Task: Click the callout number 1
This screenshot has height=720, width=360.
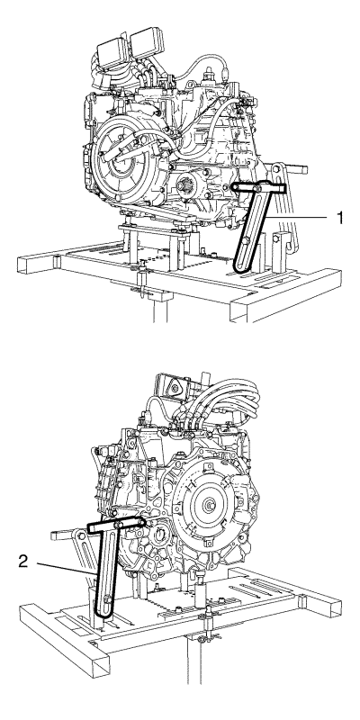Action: [x=340, y=218]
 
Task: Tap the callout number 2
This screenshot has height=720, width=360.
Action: [x=24, y=561]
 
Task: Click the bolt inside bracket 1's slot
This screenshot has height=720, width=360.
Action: [x=245, y=241]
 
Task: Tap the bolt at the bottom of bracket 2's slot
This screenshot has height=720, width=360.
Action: [x=106, y=598]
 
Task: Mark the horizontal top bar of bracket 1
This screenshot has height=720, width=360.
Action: [x=258, y=187]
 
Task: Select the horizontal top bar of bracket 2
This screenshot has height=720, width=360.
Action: [x=116, y=525]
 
